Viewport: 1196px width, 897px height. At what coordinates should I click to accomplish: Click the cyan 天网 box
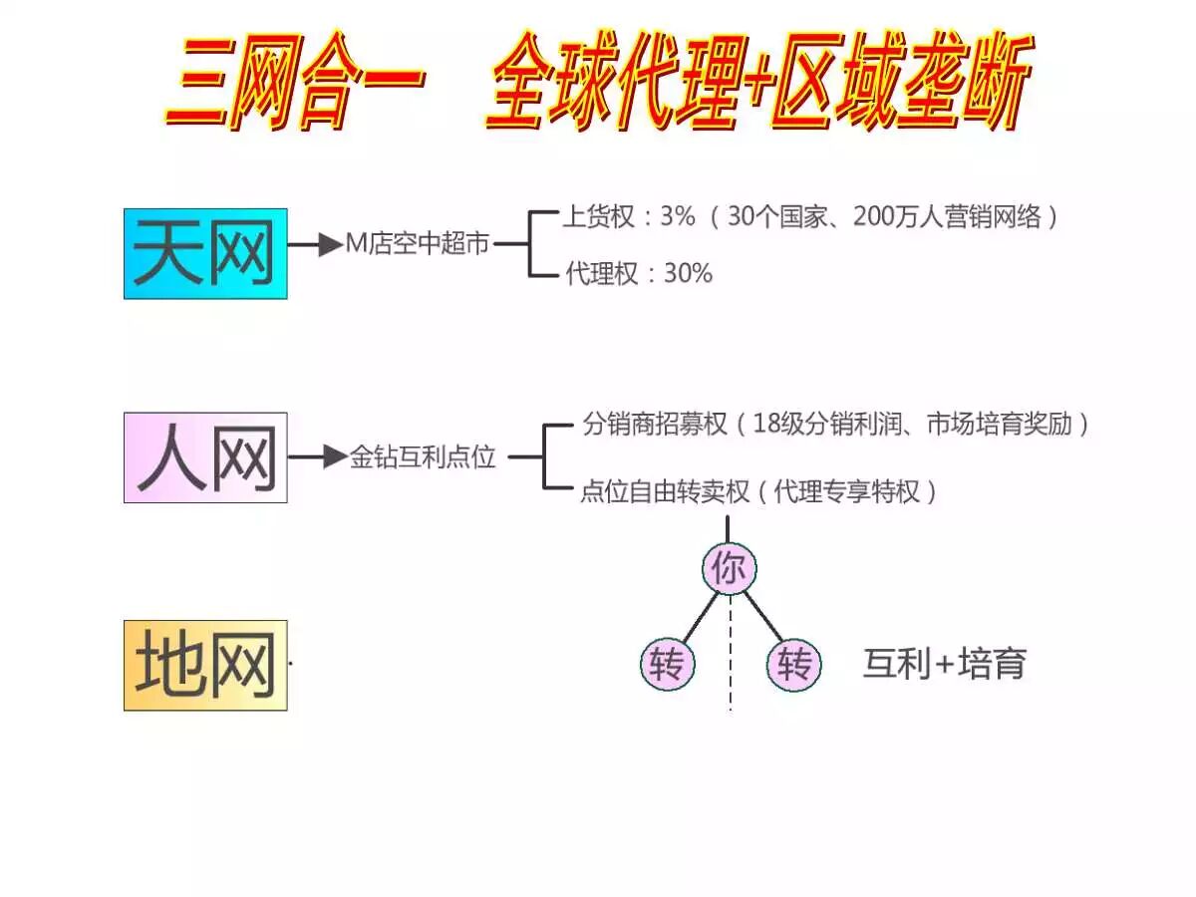point(205,253)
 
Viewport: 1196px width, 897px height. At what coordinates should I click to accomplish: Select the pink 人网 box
point(205,457)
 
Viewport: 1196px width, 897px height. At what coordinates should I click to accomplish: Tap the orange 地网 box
point(205,665)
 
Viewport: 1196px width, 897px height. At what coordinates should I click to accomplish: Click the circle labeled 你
point(730,569)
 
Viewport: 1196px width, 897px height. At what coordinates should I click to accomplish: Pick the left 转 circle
point(666,665)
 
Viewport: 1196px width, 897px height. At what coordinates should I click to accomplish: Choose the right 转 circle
point(794,665)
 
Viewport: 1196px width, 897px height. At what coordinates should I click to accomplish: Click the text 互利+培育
point(944,664)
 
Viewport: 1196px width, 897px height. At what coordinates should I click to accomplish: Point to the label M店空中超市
point(418,244)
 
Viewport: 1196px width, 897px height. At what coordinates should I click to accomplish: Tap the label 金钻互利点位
point(423,458)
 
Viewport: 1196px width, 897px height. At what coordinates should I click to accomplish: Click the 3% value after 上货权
point(677,217)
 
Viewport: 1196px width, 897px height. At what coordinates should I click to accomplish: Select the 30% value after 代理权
point(688,274)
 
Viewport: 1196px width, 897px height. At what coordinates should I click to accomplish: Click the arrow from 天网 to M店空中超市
point(316,244)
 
